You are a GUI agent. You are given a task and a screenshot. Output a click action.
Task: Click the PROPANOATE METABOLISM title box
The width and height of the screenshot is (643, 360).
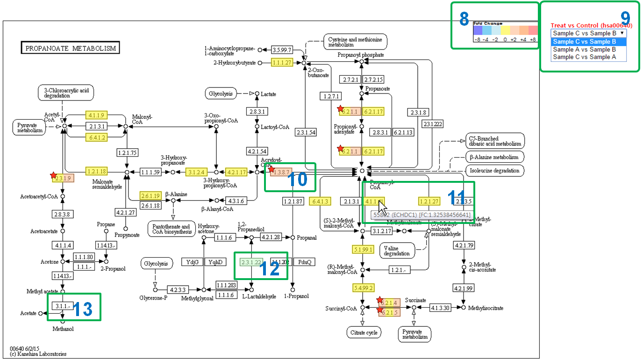[x=71, y=48]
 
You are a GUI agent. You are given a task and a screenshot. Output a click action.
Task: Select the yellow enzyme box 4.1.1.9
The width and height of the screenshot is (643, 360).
[x=96, y=115]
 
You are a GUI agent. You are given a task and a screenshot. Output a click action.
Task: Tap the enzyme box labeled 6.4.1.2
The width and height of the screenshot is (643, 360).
[x=96, y=137]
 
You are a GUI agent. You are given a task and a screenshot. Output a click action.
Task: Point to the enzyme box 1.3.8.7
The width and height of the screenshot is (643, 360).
[x=281, y=172]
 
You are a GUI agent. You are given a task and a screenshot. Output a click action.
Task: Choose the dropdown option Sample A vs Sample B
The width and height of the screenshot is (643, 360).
[x=584, y=49]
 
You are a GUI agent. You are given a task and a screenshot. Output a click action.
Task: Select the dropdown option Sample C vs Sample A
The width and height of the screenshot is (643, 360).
[x=584, y=57]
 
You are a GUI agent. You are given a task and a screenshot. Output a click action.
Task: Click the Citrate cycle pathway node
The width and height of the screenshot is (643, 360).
[x=364, y=333]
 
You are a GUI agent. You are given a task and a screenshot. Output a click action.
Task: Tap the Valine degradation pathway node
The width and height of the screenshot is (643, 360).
[x=397, y=250]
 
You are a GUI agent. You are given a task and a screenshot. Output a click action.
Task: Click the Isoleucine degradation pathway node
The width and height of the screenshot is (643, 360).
[x=495, y=171]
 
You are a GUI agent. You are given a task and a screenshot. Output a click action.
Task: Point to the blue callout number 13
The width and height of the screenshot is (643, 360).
[x=82, y=309]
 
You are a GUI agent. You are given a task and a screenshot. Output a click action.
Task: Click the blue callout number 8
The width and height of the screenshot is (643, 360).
[x=464, y=19]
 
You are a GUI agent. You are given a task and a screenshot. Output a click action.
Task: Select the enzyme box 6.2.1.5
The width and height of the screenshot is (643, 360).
[x=389, y=312]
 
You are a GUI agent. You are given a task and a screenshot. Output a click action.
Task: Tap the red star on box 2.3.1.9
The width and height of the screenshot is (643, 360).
[x=54, y=176]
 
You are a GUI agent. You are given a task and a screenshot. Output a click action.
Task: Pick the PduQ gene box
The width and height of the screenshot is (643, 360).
[x=304, y=262]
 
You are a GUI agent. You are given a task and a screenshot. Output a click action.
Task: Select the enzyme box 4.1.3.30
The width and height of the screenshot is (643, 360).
[x=440, y=308]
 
